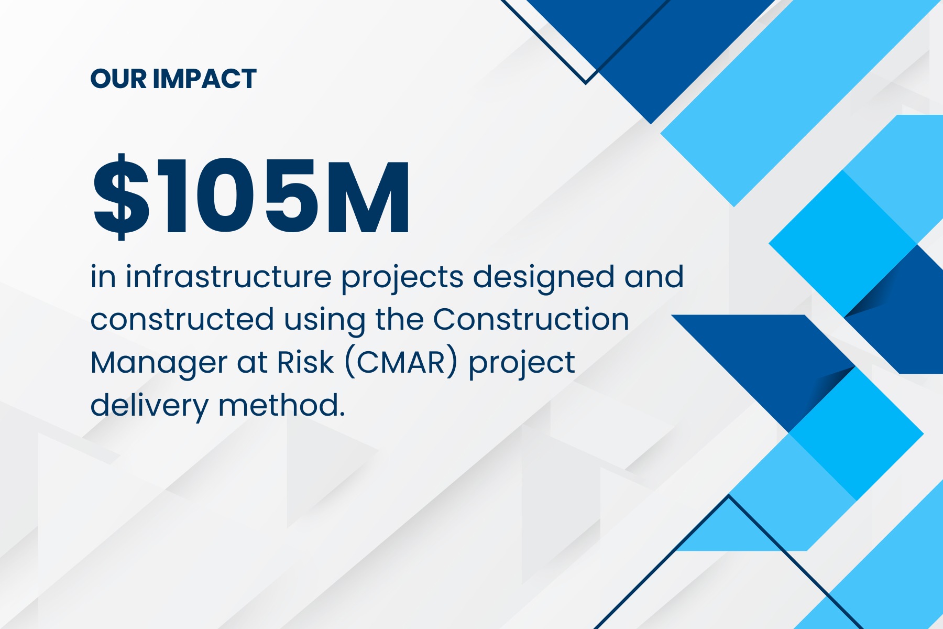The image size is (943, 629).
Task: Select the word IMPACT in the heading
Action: click(205, 79)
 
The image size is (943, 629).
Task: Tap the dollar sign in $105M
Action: click(121, 197)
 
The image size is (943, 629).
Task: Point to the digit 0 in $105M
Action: click(226, 197)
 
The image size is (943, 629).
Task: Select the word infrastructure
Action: click(228, 276)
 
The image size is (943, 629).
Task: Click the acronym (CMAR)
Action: click(401, 362)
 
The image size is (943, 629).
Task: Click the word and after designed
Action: click(654, 276)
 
